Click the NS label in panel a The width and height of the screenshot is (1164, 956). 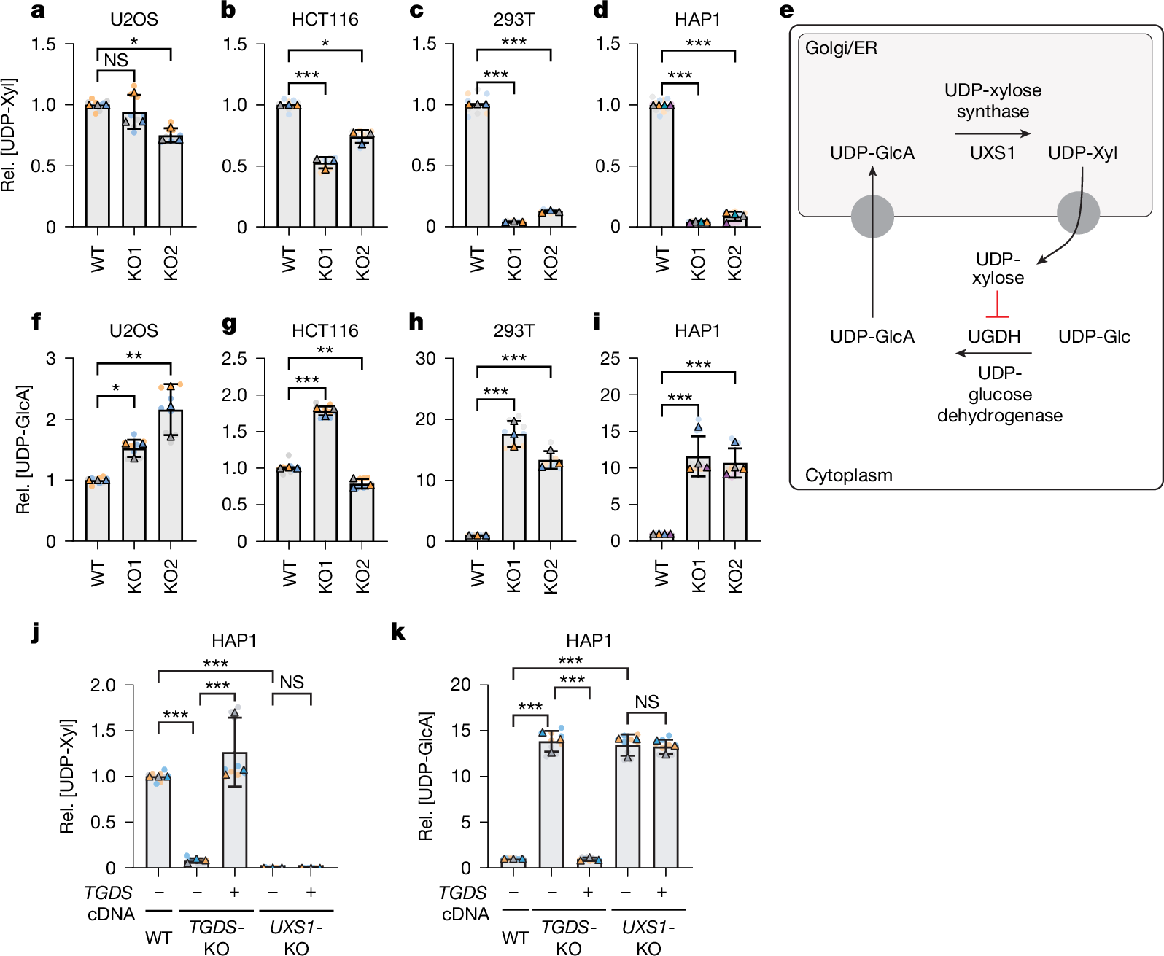(x=116, y=61)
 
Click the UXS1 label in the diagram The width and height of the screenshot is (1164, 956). (x=992, y=153)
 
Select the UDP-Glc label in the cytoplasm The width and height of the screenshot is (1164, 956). (x=1093, y=337)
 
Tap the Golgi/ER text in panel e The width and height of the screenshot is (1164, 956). (x=841, y=48)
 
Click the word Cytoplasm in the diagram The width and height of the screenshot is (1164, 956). (x=848, y=475)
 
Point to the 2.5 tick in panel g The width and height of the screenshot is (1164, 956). (x=234, y=359)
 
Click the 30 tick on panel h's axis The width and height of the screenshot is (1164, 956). (x=425, y=359)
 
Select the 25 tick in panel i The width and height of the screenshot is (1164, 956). (x=610, y=359)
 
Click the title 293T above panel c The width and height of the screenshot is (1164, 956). (x=513, y=20)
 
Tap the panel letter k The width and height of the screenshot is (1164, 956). (x=397, y=631)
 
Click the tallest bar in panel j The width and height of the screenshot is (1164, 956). (x=235, y=809)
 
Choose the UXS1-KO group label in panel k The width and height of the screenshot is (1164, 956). (x=648, y=937)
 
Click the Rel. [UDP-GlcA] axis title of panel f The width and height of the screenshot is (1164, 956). (x=23, y=450)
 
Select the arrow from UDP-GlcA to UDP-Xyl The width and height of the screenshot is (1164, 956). (x=992, y=133)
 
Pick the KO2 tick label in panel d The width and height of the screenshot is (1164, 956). (x=734, y=263)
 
